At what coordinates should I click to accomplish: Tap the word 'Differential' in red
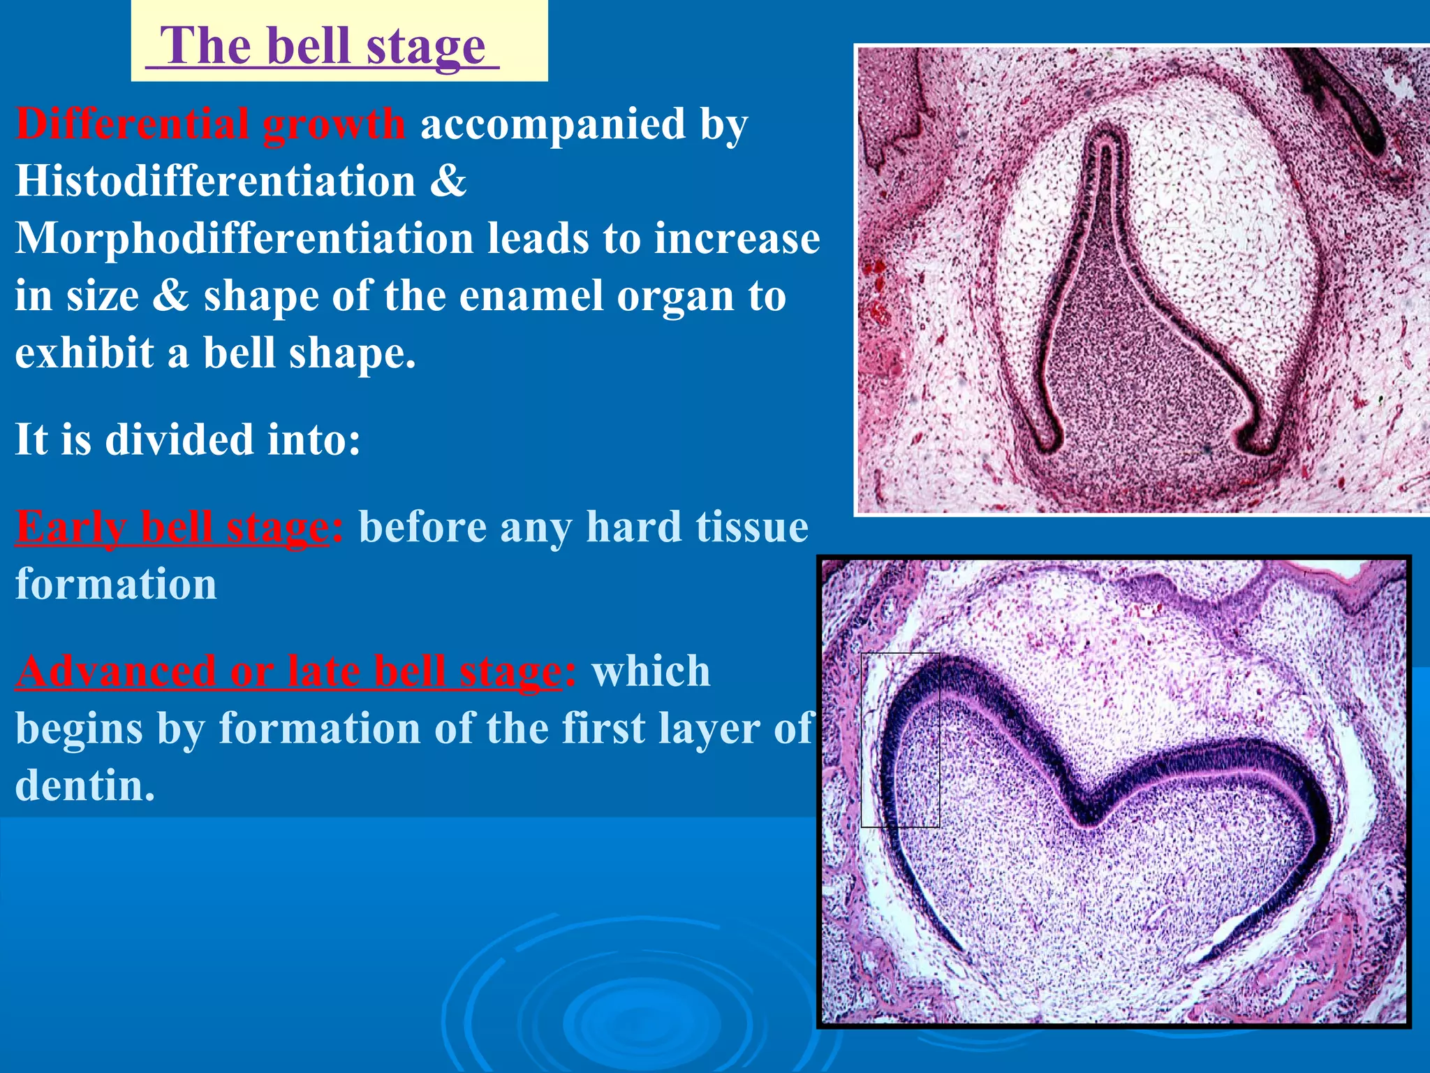click(132, 124)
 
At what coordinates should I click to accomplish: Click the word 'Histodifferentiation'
click(215, 182)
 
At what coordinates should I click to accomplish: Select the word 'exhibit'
click(84, 353)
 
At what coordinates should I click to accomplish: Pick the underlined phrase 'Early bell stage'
click(172, 527)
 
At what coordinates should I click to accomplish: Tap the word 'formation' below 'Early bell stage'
click(116, 584)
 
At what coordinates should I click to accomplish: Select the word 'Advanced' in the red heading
click(115, 672)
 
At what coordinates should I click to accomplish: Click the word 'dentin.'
click(84, 786)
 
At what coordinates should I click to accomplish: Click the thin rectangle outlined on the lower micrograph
click(899, 740)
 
